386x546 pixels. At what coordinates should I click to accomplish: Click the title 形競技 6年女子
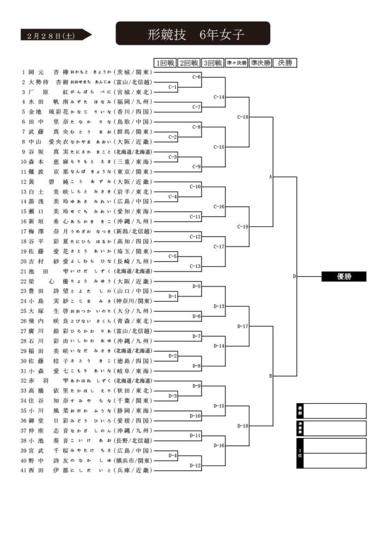(192, 35)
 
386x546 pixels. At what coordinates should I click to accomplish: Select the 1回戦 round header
(165, 63)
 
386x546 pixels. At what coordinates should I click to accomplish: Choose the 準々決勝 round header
(236, 63)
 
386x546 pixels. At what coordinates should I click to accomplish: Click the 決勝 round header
(285, 63)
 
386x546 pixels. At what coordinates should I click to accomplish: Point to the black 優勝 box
(344, 276)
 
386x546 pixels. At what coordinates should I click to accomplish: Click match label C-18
(243, 117)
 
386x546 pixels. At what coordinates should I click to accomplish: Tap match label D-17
(243, 326)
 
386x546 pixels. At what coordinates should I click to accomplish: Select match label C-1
(173, 86)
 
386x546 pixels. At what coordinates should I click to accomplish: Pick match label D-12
(196, 465)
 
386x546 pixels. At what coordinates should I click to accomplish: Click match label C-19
(243, 226)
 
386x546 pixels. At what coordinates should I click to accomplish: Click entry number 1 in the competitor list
(23, 72)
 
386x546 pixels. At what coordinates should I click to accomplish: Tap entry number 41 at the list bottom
(24, 470)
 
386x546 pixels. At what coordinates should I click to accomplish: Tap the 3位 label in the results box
(300, 453)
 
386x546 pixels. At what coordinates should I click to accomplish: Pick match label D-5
(196, 286)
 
